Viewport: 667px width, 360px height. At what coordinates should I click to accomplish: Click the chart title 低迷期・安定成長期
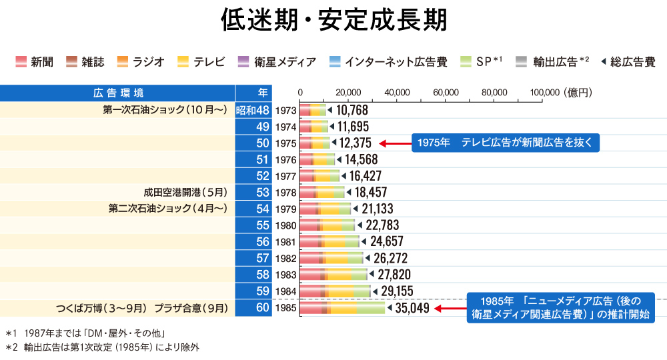pos(333,21)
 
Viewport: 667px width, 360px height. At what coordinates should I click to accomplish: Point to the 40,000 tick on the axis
pos(397,92)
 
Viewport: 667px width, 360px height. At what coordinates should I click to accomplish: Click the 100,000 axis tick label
pos(543,92)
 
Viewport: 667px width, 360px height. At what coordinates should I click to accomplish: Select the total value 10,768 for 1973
pos(352,110)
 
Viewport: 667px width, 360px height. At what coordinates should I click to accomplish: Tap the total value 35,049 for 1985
pos(412,308)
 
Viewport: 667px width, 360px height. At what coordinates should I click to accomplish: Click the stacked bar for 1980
pos(327,225)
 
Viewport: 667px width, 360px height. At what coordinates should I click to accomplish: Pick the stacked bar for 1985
pos(342,308)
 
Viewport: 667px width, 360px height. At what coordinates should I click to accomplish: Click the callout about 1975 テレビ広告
pos(505,143)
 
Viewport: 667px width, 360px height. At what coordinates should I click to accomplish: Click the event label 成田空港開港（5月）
pos(186,192)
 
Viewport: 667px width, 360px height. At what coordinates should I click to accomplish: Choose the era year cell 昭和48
pos(253,110)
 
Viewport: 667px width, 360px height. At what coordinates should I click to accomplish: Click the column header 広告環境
pos(118,93)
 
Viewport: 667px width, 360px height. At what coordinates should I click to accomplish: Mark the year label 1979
pos(285,209)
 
